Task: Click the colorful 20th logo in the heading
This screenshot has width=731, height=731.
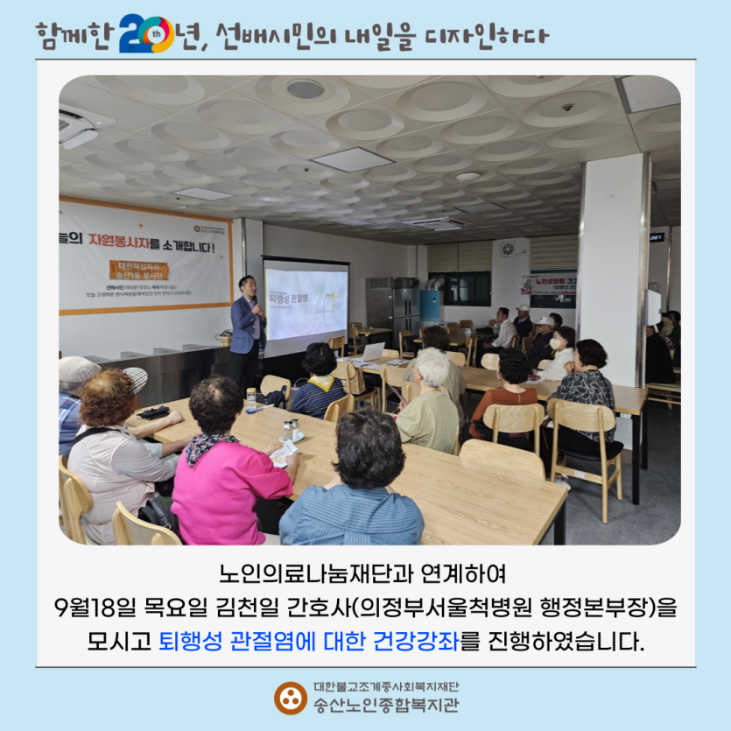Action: tap(146, 33)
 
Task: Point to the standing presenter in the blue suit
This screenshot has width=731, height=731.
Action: tap(248, 325)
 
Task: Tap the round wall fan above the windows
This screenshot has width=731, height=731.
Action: tap(508, 249)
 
